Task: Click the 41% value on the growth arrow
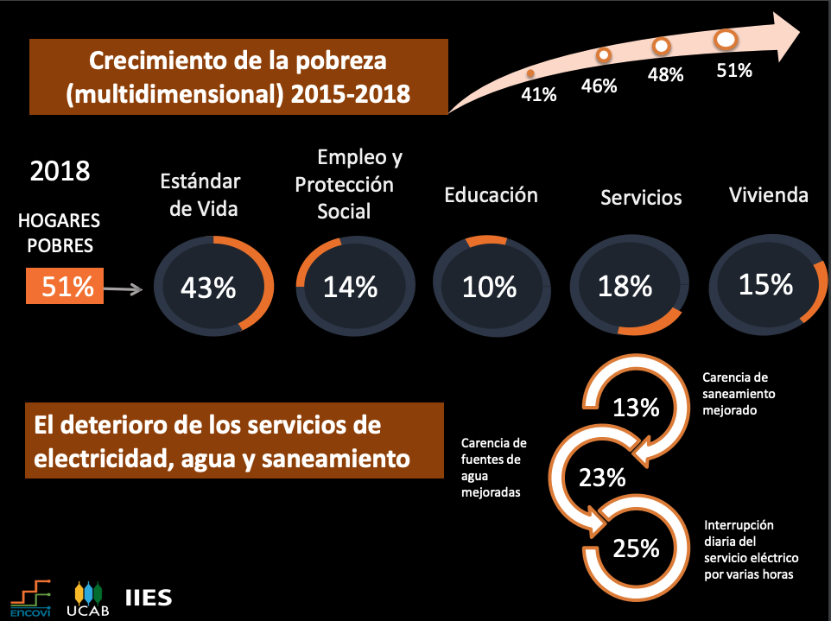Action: point(537,94)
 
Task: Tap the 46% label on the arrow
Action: point(599,86)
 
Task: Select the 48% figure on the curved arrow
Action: point(665,74)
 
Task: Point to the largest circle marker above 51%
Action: point(726,39)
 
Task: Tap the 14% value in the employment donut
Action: point(350,287)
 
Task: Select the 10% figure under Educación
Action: point(489,287)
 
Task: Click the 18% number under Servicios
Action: point(625,286)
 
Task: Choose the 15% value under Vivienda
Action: point(765,283)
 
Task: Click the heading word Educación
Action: point(491,195)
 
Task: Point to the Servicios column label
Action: point(641,198)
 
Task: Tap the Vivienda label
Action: point(769,194)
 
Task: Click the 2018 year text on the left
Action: point(60,170)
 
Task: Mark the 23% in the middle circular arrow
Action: point(602,477)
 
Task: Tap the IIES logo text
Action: point(149,598)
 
